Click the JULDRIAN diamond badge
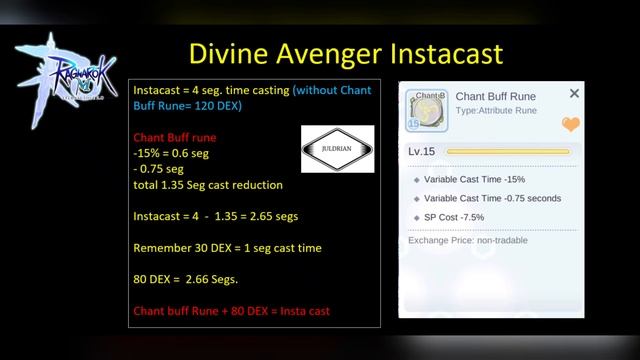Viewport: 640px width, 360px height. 337,149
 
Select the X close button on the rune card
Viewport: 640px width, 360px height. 574,93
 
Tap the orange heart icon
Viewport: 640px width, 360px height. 570,124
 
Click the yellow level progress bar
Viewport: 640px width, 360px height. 507,151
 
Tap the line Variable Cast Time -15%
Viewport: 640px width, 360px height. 483,179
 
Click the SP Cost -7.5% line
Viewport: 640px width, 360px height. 463,217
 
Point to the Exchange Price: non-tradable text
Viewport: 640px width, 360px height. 467,240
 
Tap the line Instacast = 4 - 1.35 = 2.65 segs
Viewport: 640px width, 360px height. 215,216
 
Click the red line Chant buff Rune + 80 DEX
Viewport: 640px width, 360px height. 232,311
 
